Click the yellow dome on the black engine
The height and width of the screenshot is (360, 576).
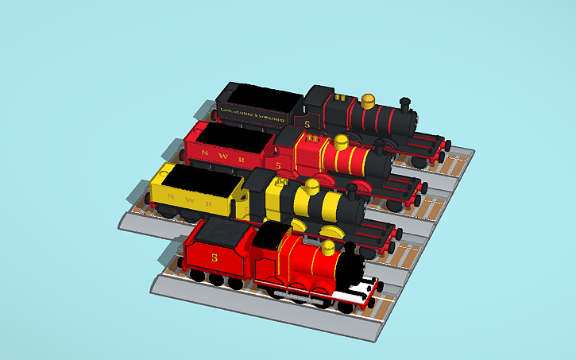tap(368, 101)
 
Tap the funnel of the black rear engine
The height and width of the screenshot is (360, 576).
tap(405, 104)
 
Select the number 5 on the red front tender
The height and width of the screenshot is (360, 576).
tap(215, 257)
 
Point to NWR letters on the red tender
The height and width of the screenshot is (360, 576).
tap(220, 154)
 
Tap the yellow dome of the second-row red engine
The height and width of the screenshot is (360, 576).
tap(340, 144)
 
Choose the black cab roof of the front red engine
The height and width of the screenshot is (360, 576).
tap(270, 233)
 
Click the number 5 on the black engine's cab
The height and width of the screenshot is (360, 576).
tap(307, 124)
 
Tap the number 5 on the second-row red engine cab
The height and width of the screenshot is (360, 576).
tap(278, 165)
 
